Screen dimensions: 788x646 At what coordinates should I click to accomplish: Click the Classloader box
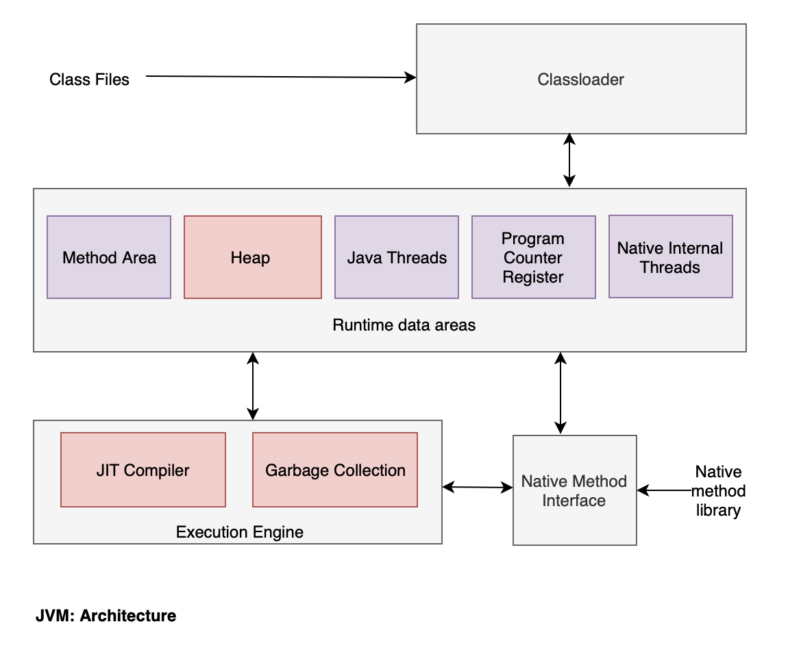(581, 79)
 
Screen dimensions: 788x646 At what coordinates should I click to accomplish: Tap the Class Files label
(89, 80)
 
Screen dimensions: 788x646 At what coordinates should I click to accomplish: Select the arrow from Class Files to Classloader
(281, 77)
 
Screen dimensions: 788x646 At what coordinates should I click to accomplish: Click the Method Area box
(109, 257)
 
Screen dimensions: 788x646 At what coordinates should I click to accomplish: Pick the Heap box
(253, 257)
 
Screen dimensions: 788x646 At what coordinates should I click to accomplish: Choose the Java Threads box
(397, 257)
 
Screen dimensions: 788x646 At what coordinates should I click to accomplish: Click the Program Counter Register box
(533, 257)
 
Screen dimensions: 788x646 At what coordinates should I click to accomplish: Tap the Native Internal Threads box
(670, 256)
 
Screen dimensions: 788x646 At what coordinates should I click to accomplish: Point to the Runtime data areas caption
(404, 325)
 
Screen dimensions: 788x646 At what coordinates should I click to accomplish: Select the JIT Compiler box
(143, 469)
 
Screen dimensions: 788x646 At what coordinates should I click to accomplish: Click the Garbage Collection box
(335, 469)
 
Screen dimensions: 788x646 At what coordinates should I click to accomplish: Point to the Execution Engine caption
(240, 531)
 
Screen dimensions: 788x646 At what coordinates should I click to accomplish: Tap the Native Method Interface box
(574, 490)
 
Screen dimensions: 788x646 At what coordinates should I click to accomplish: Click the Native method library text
(718, 490)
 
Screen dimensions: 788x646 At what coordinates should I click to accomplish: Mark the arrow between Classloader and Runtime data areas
(569, 160)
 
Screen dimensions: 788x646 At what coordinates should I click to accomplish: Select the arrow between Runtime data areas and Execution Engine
(253, 386)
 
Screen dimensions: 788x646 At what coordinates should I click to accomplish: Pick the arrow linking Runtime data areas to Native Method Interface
(561, 393)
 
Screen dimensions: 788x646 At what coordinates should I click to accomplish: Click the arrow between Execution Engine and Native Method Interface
(478, 487)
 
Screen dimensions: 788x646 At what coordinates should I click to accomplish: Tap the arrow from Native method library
(665, 490)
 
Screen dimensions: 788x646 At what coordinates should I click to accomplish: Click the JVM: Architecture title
(106, 615)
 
